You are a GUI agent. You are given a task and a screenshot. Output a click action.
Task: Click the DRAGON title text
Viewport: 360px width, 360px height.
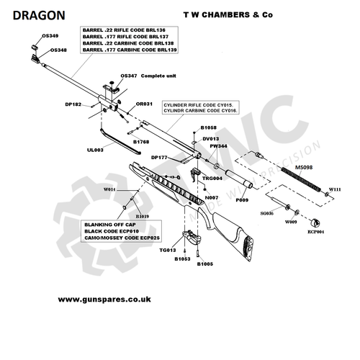[x=39, y=14]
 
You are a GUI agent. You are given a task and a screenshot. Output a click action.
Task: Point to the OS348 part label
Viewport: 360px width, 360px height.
[x=59, y=50]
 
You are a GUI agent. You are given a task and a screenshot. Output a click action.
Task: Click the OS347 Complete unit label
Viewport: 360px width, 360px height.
[x=151, y=76]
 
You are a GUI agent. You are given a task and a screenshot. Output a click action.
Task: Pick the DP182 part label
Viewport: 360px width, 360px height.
[x=73, y=104]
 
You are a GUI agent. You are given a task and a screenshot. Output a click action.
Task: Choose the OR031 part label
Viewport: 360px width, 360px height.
[x=145, y=104]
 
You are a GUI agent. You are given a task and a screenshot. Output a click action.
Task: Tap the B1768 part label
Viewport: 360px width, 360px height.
[x=141, y=142]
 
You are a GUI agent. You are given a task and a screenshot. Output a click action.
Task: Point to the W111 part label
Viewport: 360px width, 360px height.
[x=335, y=189]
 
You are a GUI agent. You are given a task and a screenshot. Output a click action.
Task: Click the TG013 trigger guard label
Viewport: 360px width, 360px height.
[x=167, y=250]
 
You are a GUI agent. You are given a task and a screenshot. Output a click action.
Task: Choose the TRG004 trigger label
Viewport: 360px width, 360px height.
[x=212, y=177]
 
